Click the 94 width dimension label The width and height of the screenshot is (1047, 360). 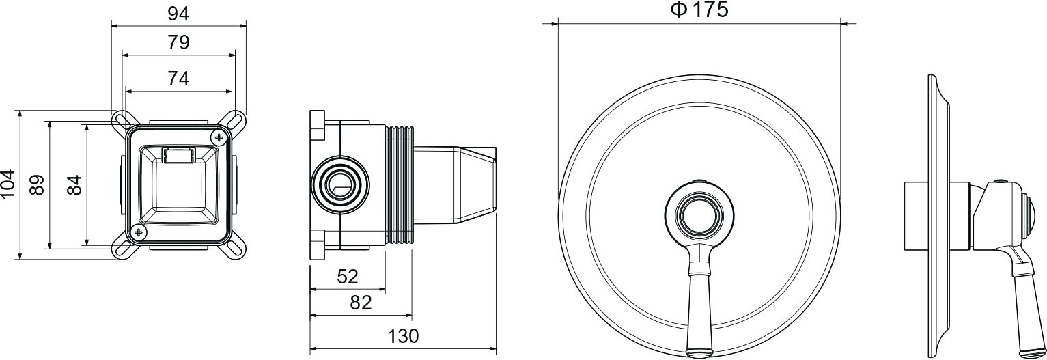pyautogui.click(x=178, y=14)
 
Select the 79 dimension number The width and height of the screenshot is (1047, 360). pyautogui.click(x=178, y=42)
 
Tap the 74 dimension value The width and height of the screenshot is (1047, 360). pyautogui.click(x=178, y=78)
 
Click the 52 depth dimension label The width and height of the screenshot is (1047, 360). pyautogui.click(x=348, y=277)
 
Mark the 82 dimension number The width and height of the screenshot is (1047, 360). pyautogui.click(x=361, y=303)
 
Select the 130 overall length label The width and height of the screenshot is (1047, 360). pyautogui.click(x=403, y=335)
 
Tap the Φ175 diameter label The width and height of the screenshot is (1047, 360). pyautogui.click(x=700, y=10)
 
